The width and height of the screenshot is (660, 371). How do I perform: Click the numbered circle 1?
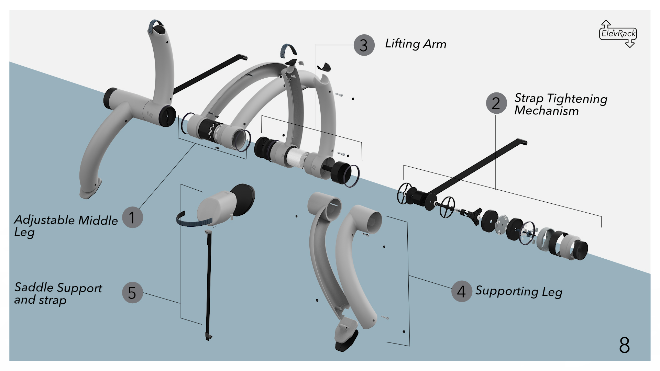132,217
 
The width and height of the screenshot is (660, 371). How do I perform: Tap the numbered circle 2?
496,103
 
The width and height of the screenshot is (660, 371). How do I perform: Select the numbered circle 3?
364,45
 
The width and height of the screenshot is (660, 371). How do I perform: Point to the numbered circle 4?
461,291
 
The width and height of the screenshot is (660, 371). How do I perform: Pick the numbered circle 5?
132,293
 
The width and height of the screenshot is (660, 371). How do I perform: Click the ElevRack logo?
618,34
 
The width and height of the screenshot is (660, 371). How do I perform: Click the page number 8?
624,345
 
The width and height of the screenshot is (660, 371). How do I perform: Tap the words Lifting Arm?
415,44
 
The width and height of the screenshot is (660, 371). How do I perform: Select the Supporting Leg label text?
518,292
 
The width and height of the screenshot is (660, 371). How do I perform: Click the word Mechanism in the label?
546,111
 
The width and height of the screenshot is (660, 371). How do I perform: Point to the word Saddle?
34,287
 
